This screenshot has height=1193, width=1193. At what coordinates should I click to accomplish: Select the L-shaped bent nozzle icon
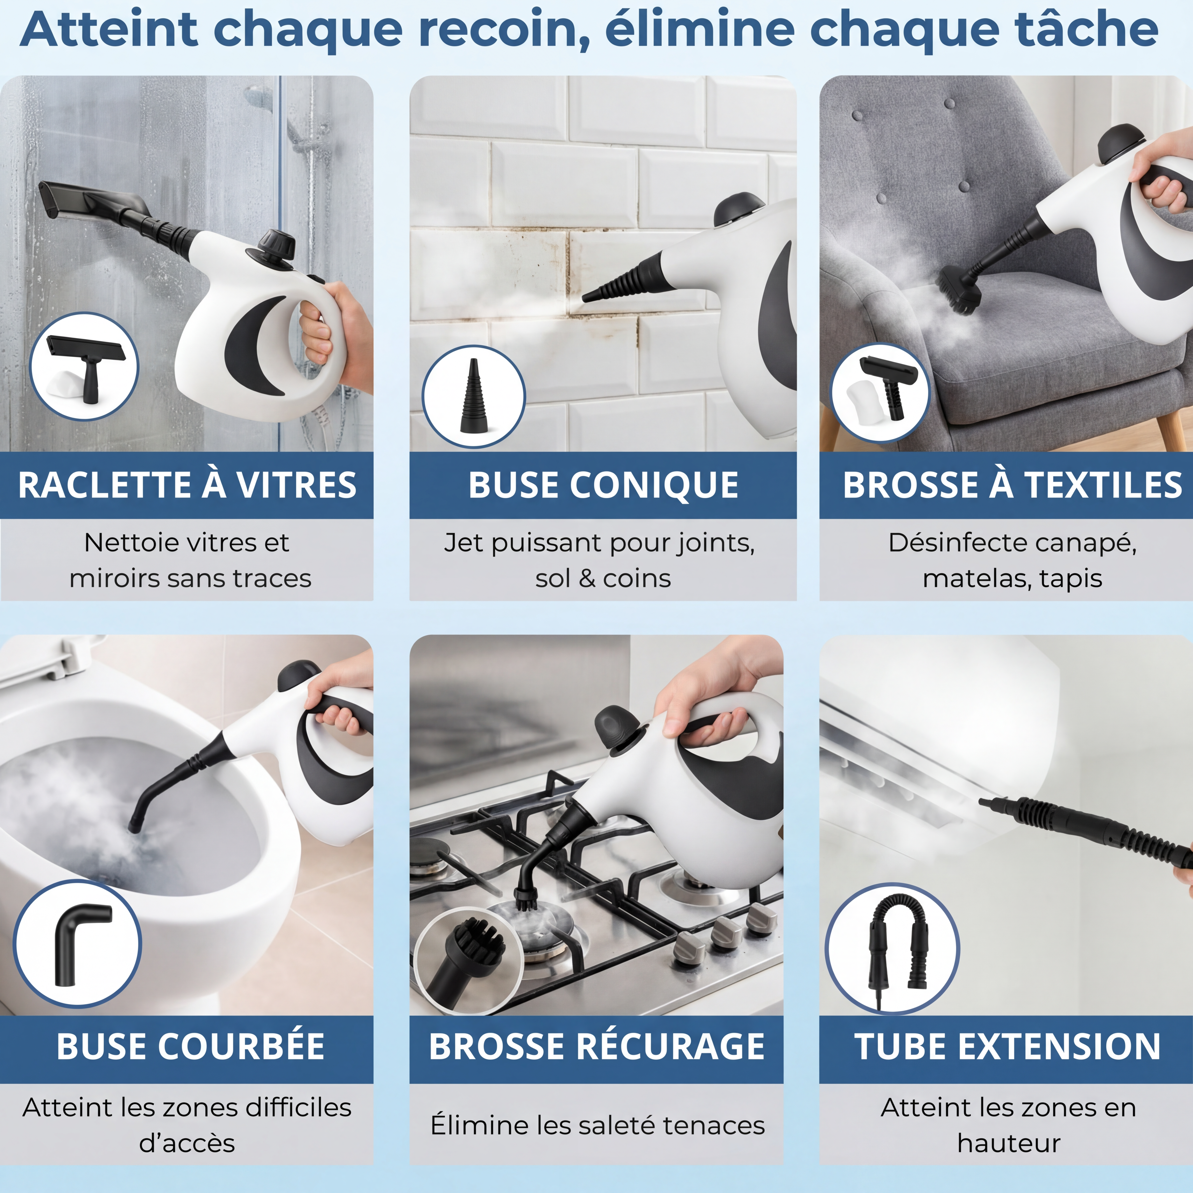80,945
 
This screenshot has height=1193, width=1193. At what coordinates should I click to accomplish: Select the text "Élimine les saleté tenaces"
597,1125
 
